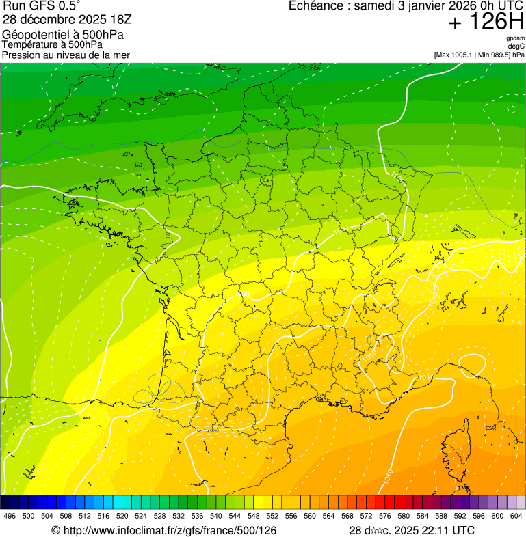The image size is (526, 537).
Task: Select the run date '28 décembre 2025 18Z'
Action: pyautogui.click(x=67, y=19)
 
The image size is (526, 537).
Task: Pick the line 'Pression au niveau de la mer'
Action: pyautogui.click(x=66, y=55)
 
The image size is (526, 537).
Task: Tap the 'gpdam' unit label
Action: pyautogui.click(x=516, y=38)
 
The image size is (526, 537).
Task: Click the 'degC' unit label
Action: pyautogui.click(x=517, y=46)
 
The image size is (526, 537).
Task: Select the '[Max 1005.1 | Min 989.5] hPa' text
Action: pyautogui.click(x=479, y=55)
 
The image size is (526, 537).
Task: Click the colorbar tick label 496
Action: pyautogui.click(x=10, y=516)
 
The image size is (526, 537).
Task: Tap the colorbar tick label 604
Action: pyautogui.click(x=516, y=516)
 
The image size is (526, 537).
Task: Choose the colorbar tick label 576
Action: pyautogui.click(x=384, y=516)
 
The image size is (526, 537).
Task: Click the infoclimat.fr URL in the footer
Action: pyautogui.click(x=164, y=530)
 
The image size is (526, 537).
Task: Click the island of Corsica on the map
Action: pyautogui.click(x=455, y=437)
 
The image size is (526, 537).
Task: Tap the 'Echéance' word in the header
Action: pyautogui.click(x=316, y=6)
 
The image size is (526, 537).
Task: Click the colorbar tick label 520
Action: pyautogui.click(x=122, y=516)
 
